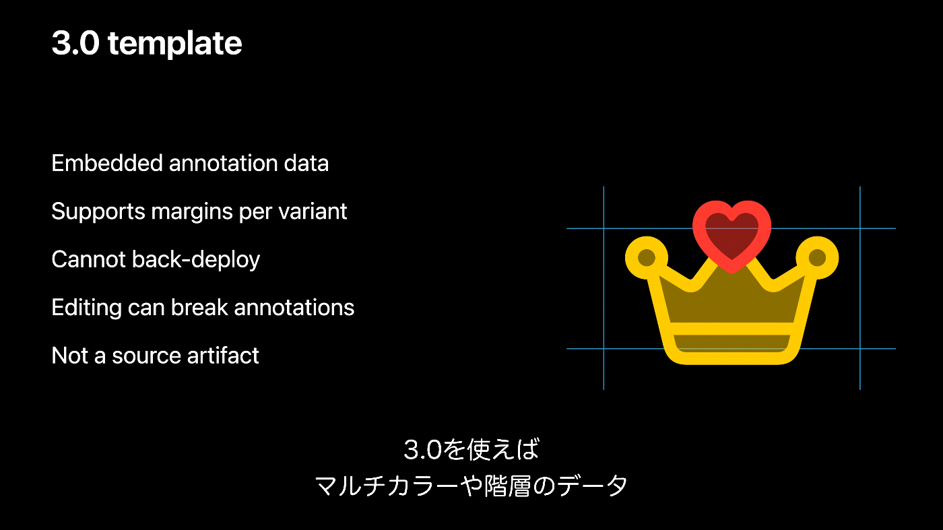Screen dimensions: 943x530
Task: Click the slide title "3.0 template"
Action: pos(146,44)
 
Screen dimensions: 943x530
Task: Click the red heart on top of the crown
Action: pos(731,232)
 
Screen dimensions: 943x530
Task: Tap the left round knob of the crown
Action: pos(646,257)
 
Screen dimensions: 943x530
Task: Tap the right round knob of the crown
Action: pos(817,257)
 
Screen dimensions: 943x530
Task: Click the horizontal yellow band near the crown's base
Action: pos(731,329)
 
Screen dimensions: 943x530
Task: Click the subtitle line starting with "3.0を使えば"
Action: pos(471,449)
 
